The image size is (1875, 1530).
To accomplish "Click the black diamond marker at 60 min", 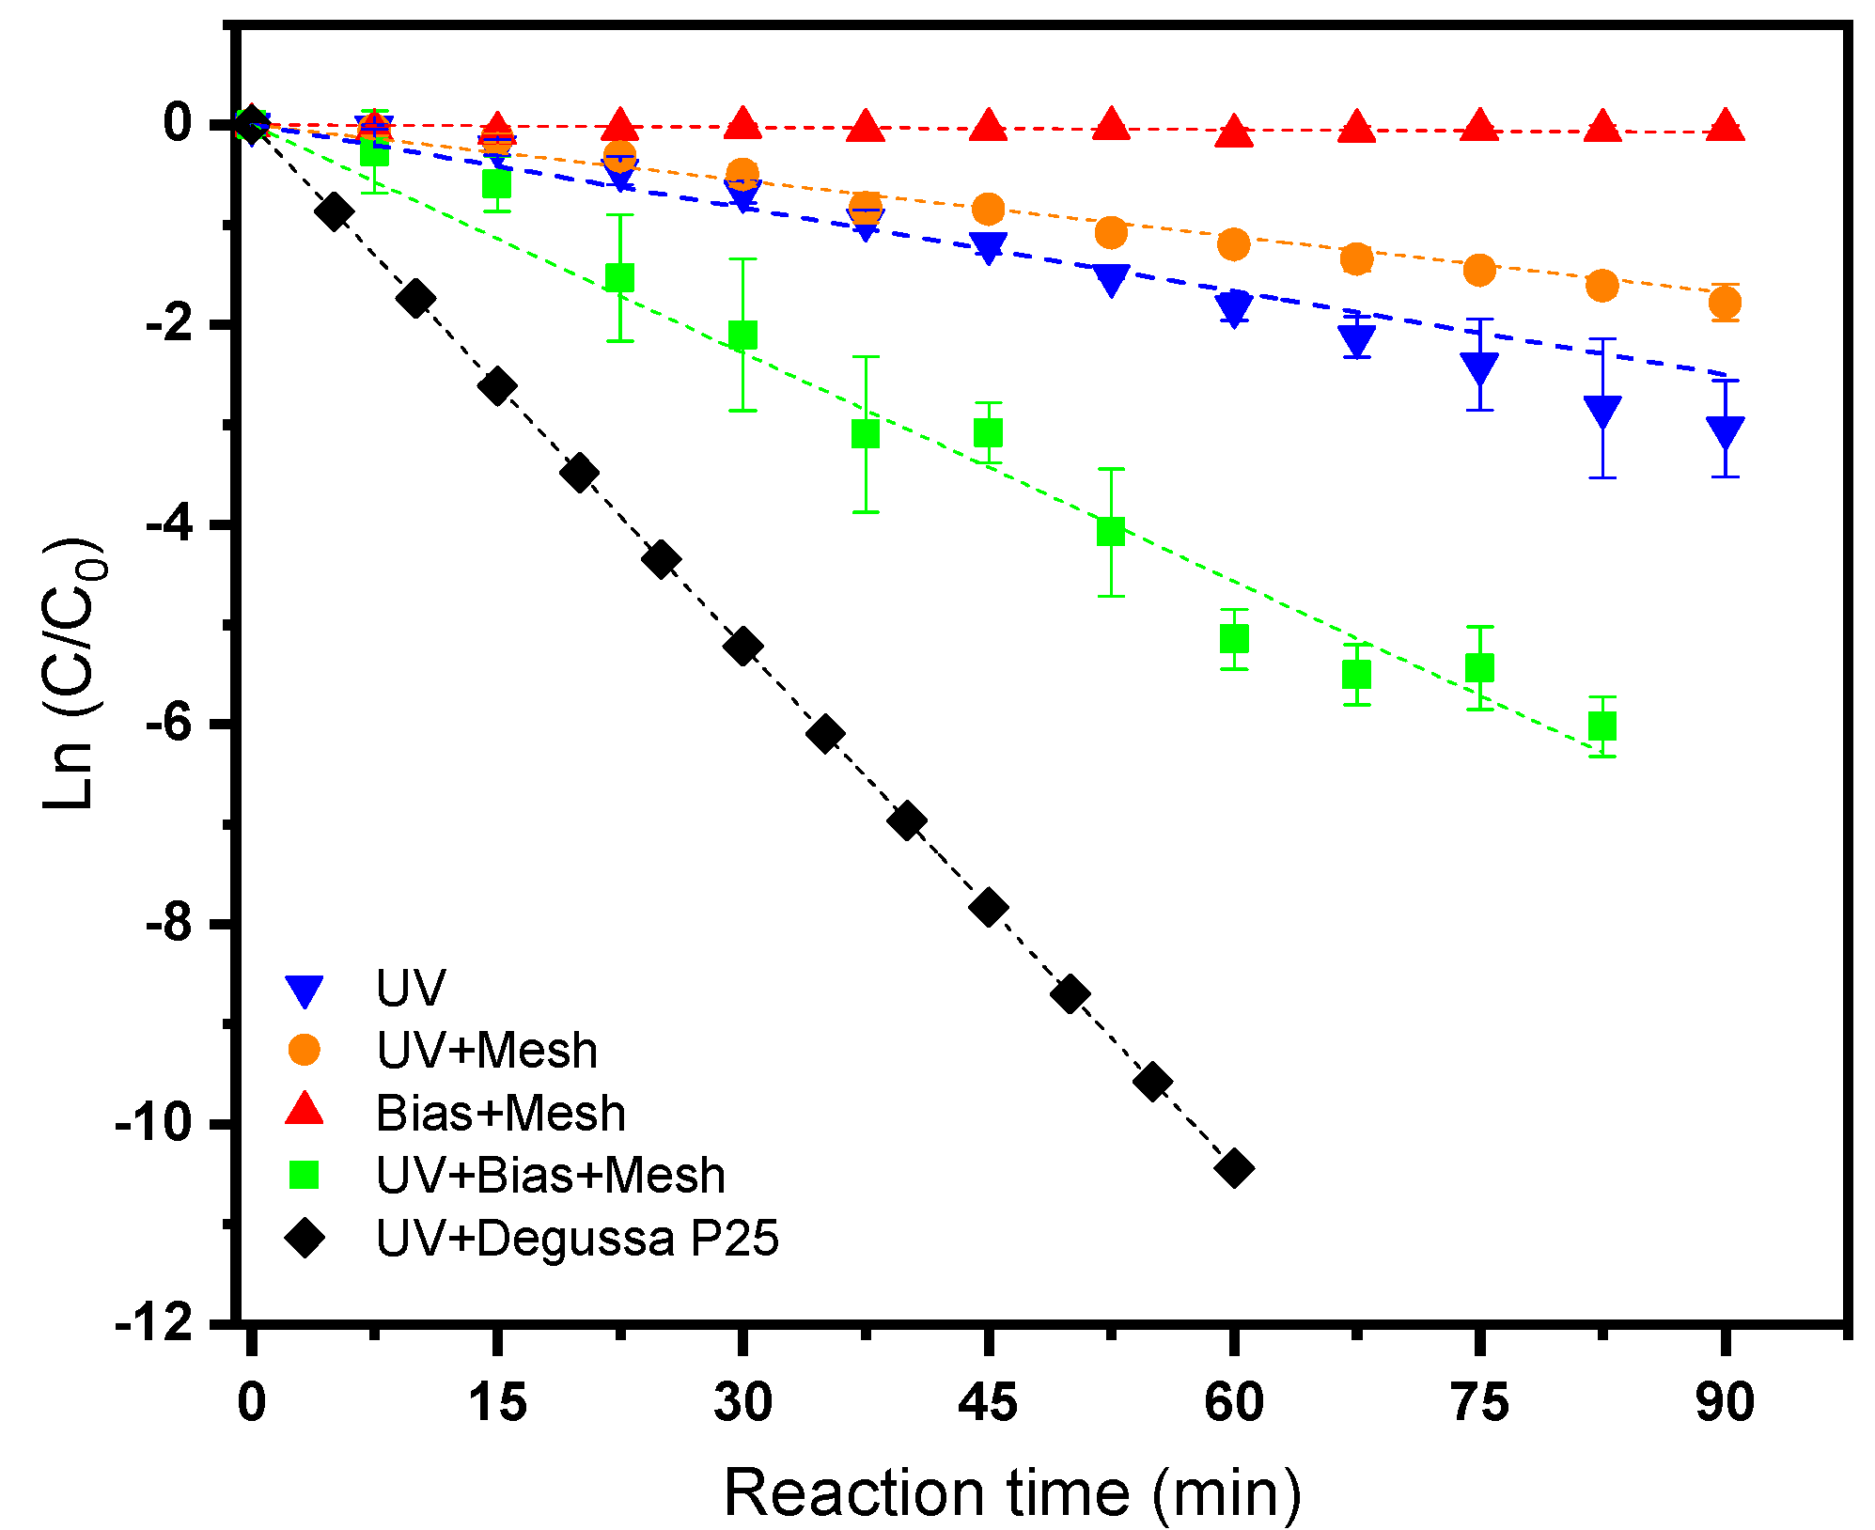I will point(1234,1168).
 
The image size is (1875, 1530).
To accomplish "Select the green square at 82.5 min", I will point(1602,726).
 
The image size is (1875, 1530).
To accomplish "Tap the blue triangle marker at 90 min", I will point(1726,431).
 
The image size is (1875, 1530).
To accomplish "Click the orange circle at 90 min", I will point(1726,303).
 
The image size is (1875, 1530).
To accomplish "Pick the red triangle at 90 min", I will point(1726,127).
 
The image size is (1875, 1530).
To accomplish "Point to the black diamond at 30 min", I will point(742,647).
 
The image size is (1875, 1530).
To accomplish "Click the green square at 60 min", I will point(1234,639).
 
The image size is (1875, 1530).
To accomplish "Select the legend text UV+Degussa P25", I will point(577,1239).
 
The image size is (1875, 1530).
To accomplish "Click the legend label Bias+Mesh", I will point(501,1114).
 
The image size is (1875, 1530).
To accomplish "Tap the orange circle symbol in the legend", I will point(305,1050).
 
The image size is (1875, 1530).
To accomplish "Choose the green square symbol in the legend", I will point(305,1176).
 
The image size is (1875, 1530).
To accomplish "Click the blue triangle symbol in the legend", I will point(305,991).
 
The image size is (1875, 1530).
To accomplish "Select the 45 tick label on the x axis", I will point(988,1402).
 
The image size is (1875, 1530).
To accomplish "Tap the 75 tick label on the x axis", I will point(1479,1402).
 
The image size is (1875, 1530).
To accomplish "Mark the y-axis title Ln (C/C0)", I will point(73,672).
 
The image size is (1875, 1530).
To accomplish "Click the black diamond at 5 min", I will point(334,211).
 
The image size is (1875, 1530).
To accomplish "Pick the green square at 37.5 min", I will point(866,434).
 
